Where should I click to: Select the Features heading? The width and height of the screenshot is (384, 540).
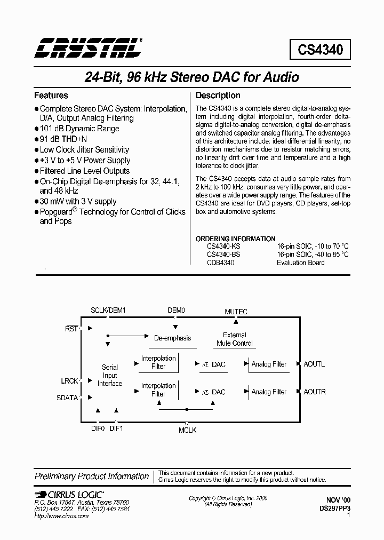point(51,96)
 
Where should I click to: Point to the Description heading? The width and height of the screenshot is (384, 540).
point(218,96)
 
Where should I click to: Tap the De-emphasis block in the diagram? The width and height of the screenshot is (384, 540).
point(172,338)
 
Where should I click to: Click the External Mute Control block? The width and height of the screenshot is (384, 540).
point(235,339)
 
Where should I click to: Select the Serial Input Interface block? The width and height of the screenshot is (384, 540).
point(110,375)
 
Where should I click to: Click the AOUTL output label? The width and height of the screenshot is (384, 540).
point(314,364)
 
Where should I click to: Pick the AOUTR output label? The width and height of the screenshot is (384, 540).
point(315,392)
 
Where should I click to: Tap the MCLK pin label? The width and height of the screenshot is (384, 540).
point(187,430)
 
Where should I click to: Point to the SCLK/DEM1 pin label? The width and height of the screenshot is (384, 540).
point(108,310)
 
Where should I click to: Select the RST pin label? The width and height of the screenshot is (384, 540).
point(71,329)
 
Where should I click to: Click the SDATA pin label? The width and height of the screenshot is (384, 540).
point(67,398)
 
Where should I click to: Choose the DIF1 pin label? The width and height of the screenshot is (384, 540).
point(116,428)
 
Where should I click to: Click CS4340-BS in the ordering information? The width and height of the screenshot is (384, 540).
point(223,255)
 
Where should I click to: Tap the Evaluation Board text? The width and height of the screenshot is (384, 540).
point(300,263)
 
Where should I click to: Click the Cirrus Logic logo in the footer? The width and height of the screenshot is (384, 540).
point(69,494)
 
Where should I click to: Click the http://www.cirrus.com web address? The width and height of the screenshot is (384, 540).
point(61,517)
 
